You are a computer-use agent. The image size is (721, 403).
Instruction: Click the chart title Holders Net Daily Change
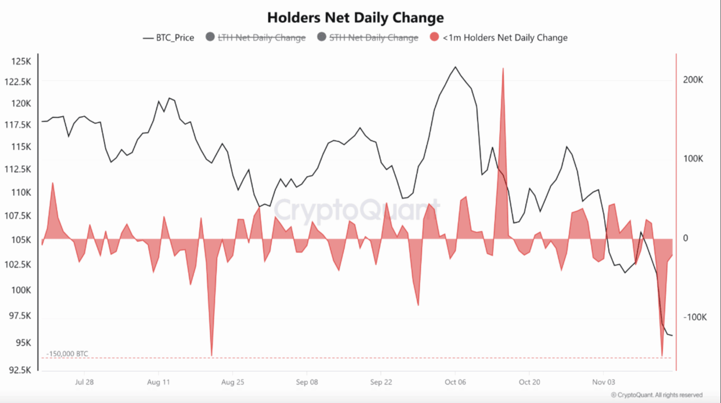coord(356,18)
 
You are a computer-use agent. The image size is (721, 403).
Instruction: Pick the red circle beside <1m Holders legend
coord(434,37)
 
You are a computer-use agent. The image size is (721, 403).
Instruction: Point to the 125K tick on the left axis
coord(21,62)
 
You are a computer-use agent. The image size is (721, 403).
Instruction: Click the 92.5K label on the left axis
coord(20,370)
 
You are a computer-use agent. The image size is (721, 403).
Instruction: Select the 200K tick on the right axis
coord(693,80)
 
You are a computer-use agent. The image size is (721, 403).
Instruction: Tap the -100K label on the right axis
coord(695,317)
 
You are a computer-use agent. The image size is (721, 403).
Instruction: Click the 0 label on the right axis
coord(685,238)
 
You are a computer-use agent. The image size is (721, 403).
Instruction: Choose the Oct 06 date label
coord(455,382)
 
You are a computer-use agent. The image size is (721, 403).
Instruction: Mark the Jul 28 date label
coord(84,382)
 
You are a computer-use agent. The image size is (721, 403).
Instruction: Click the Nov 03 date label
coord(603,382)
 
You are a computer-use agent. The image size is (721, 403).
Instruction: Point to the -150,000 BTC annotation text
coord(67,354)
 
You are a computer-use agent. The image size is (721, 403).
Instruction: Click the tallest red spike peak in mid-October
coord(503,69)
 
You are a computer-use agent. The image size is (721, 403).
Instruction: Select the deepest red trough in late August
coord(212,355)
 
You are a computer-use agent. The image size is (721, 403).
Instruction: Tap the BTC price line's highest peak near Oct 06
coord(455,67)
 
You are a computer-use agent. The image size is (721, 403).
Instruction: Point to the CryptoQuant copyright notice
coord(657,395)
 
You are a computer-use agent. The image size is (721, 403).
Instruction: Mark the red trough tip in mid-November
coord(662,355)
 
